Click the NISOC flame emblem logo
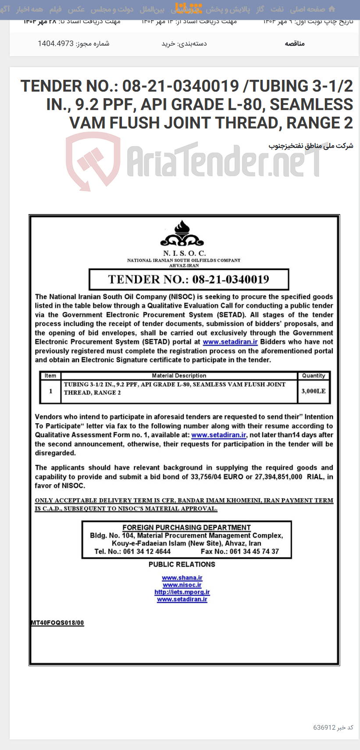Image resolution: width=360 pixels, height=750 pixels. pyautogui.click(x=182, y=234)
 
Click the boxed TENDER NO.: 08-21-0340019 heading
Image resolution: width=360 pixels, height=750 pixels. pyautogui.click(x=189, y=279)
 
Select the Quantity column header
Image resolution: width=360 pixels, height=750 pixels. pyautogui.click(x=314, y=375)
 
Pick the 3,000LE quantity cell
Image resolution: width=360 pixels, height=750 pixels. pyautogui.click(x=314, y=391)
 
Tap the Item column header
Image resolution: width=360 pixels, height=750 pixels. pyautogui.click(x=50, y=375)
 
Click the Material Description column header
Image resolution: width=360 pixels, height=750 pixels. pyautogui.click(x=179, y=375)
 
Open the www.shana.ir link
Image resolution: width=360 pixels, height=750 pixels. pyautogui.click(x=182, y=578)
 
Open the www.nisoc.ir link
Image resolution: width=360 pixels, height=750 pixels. pyautogui.click(x=182, y=585)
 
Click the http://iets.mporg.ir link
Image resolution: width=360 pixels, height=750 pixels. pyautogui.click(x=182, y=592)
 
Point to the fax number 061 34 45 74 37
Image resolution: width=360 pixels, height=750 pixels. pyautogui.click(x=254, y=551)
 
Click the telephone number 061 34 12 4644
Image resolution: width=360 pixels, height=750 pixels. pyautogui.click(x=147, y=551)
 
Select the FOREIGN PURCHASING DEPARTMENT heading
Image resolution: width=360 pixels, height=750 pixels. pyautogui.click(x=186, y=527)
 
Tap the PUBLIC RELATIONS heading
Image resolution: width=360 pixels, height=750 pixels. pyautogui.click(x=182, y=564)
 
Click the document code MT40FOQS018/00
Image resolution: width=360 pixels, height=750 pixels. pyautogui.click(x=57, y=622)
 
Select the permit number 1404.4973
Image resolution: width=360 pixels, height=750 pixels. pyautogui.click(x=56, y=43)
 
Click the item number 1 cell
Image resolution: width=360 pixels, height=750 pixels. pyautogui.click(x=50, y=391)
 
